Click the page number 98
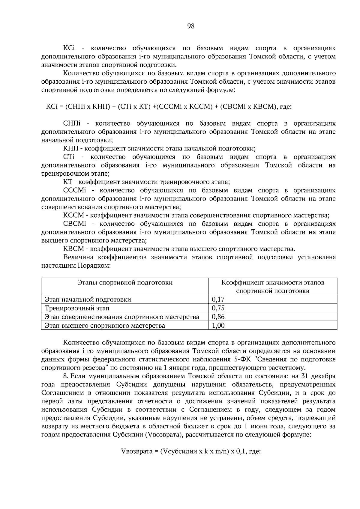[x=191, y=26]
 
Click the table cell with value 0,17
[x=218, y=299]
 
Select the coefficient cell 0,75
[x=218, y=308]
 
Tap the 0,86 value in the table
[x=218, y=317]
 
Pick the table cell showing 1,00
[x=218, y=325]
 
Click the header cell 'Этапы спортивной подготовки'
[x=125, y=282]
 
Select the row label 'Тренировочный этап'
[x=77, y=308]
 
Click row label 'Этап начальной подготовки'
[x=88, y=299]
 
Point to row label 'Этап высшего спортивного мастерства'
[x=105, y=325]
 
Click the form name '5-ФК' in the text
[x=241, y=359]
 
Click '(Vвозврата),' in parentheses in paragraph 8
[x=164, y=435]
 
